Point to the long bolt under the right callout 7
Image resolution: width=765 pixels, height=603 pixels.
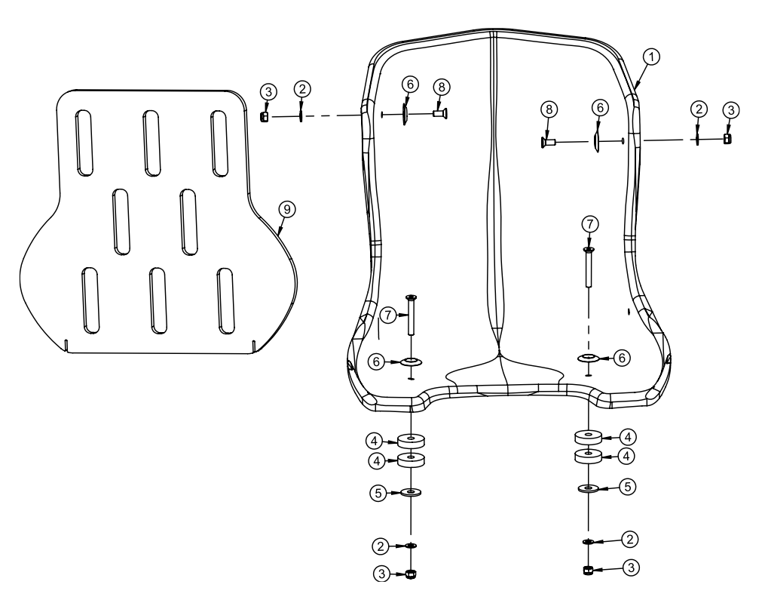[x=588, y=267]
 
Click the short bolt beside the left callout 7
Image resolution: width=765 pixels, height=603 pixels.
[x=412, y=315]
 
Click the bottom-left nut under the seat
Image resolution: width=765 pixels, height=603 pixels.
[x=411, y=574]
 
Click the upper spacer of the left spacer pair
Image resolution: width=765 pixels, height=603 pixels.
[x=411, y=440]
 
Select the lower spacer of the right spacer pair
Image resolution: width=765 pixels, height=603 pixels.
[x=588, y=456]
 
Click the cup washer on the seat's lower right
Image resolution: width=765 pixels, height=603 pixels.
[x=589, y=357]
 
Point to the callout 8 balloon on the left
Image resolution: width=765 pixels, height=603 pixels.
[x=439, y=87]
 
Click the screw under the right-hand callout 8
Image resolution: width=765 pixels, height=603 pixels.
[x=548, y=141]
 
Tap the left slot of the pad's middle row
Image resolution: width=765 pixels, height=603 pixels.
[x=121, y=220]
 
